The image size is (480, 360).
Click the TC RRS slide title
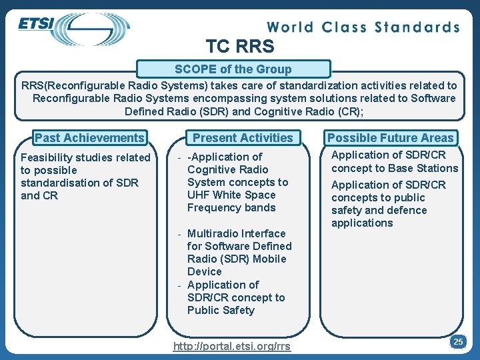[240, 47]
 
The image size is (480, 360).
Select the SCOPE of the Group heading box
[233, 69]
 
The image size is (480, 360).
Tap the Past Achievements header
[89, 138]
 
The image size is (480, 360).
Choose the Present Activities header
[243, 138]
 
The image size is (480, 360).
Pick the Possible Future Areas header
[391, 138]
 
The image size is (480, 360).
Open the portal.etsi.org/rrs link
[232, 347]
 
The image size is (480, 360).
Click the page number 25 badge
[458, 341]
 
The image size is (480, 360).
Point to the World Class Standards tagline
[363, 27]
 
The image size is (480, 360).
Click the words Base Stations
[426, 168]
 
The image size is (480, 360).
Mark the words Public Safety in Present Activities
[221, 310]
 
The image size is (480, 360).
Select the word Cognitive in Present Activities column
[213, 169]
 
